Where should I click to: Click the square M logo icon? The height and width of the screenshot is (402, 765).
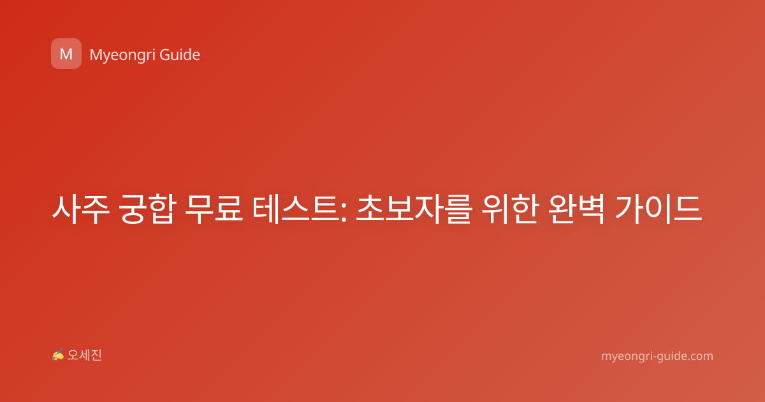[66, 54]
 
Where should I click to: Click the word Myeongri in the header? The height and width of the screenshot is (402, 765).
[122, 56]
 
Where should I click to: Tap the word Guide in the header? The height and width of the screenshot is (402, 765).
[180, 55]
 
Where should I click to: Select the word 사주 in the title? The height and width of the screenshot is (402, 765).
[80, 209]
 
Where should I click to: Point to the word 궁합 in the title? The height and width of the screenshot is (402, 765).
[147, 209]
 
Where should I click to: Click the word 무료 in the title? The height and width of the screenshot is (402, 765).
[214, 209]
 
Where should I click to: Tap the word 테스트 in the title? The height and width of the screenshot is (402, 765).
[296, 209]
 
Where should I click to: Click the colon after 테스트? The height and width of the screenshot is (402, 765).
[344, 211]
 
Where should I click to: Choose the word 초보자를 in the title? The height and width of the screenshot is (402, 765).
[414, 209]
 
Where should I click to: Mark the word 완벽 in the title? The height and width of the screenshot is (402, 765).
[576, 209]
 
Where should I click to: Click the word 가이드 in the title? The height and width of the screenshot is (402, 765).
[658, 209]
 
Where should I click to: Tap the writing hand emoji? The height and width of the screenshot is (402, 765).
[58, 355]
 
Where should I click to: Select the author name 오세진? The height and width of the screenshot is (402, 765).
[84, 355]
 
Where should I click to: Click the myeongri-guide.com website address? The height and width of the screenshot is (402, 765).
[657, 356]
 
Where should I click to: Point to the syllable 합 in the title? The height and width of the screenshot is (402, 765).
[162, 209]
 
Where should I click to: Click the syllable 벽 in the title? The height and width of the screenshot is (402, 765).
[591, 209]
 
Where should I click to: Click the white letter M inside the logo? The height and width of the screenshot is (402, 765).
[66, 54]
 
